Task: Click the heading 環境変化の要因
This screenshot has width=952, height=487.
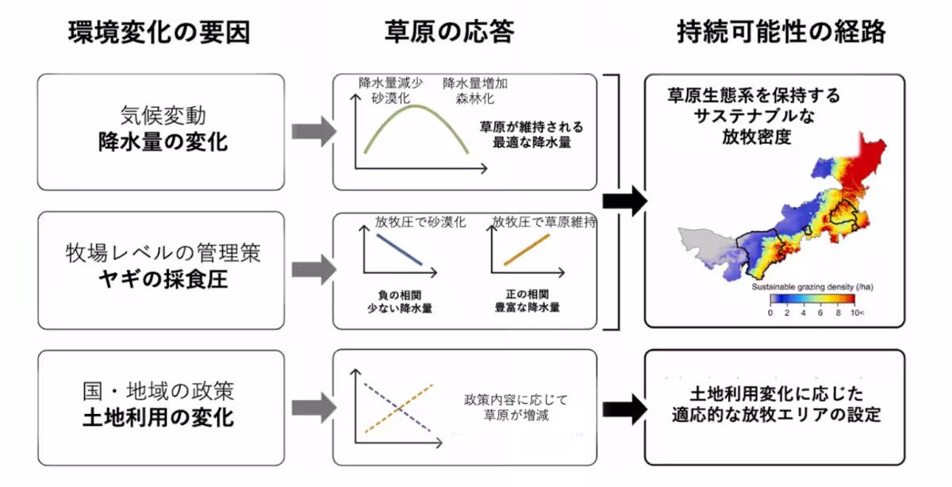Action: (x=159, y=33)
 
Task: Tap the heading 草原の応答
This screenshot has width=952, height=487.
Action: (x=449, y=33)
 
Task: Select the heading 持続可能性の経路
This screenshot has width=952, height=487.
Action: (x=781, y=33)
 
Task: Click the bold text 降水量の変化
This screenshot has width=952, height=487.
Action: (x=162, y=143)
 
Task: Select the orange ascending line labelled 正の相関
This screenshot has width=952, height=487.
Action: (x=527, y=249)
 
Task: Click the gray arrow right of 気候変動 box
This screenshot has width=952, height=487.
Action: (x=310, y=132)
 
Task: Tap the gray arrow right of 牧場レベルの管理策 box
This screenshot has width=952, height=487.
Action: (x=310, y=269)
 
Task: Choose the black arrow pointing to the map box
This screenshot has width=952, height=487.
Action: (x=624, y=202)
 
